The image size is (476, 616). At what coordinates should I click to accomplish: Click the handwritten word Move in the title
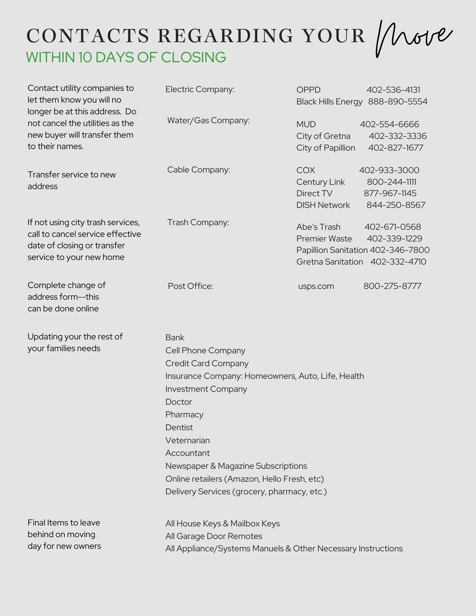[413, 38]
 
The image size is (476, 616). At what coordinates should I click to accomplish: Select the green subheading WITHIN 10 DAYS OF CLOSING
[126, 57]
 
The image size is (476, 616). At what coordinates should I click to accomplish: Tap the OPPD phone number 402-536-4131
[393, 90]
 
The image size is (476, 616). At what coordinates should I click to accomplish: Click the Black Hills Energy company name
[329, 102]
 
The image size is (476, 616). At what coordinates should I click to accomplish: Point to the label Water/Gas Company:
[208, 120]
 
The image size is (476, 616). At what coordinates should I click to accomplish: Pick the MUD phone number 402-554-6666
[389, 124]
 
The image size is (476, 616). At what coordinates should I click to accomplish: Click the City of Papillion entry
[326, 148]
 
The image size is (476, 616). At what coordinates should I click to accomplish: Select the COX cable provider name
[306, 170]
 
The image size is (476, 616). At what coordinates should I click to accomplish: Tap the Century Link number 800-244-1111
[391, 182]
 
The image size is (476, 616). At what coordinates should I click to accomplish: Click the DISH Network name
[323, 205]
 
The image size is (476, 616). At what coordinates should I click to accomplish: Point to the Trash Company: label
[198, 222]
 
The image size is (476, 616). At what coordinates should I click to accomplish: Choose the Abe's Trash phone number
[393, 227]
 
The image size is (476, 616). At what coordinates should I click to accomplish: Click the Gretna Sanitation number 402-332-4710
[398, 262]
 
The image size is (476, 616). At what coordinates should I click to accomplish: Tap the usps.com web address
[316, 286]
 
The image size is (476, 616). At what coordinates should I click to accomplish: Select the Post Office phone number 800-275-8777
[392, 286]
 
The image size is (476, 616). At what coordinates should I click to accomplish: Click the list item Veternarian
[187, 440]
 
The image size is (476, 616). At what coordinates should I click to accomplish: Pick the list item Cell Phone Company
[205, 351]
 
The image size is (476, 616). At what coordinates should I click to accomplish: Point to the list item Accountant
[187, 453]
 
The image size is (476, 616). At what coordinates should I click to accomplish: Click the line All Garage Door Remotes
[214, 536]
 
